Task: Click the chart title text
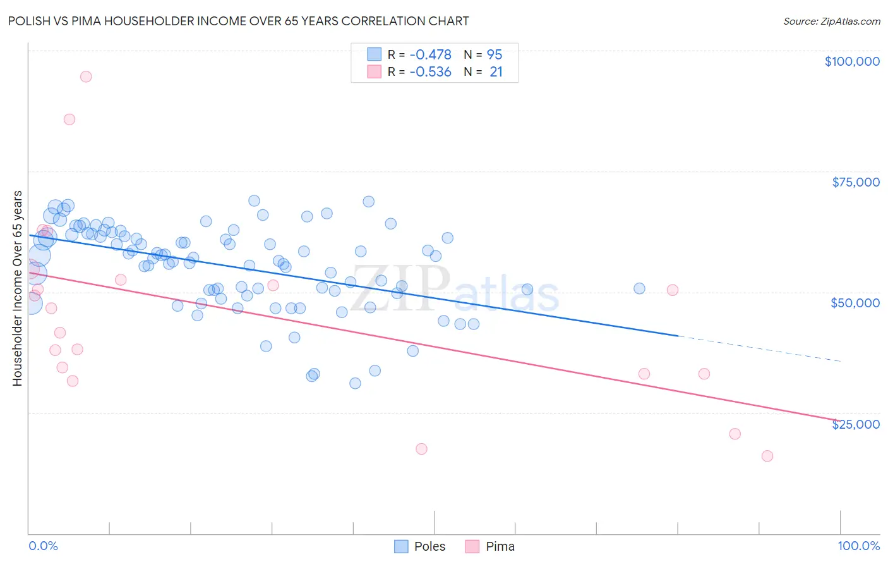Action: (x=238, y=21)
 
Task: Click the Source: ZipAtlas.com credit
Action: (x=831, y=21)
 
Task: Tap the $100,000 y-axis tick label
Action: (x=851, y=61)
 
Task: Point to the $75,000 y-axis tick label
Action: (x=855, y=182)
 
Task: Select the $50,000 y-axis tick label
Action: (x=855, y=303)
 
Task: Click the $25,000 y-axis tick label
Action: (x=855, y=424)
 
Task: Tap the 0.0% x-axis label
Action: (x=43, y=546)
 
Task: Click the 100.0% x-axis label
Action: (x=858, y=546)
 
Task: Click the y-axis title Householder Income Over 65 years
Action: (x=18, y=288)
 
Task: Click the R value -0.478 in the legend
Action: (x=430, y=54)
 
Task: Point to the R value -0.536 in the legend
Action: (x=430, y=72)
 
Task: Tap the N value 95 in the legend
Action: (x=495, y=54)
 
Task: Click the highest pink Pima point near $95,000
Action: (x=86, y=77)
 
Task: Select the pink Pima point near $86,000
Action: (x=69, y=120)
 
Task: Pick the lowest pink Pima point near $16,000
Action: (x=767, y=456)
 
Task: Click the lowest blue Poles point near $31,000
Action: (x=355, y=383)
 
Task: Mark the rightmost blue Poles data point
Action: (x=639, y=288)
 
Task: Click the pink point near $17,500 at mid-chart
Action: (x=421, y=449)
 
